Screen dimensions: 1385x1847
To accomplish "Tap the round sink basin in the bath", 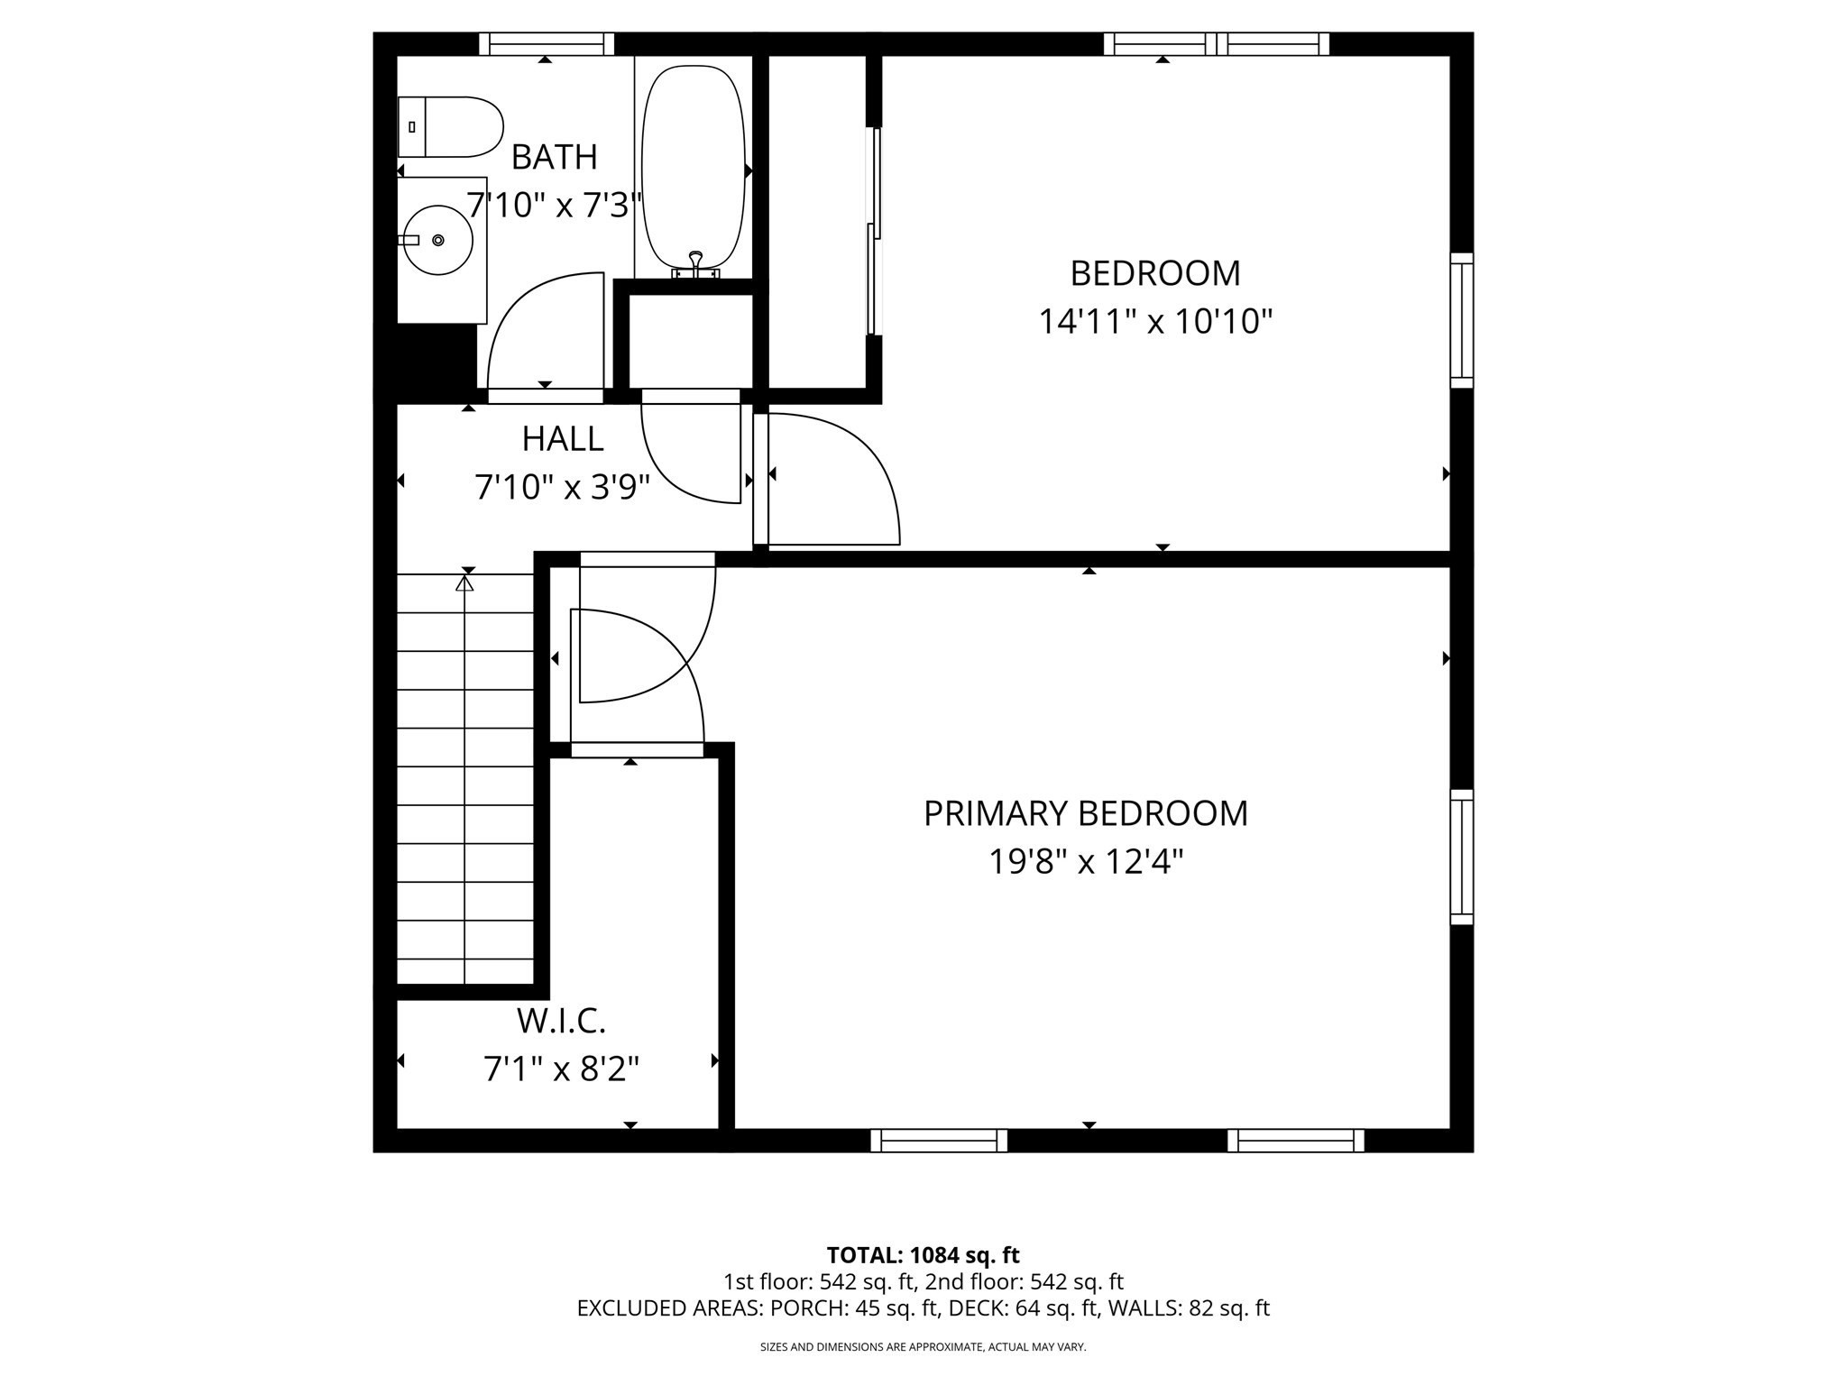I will click(x=437, y=240).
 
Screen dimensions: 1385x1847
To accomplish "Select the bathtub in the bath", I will click(x=693, y=167).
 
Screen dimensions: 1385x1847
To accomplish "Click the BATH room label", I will click(x=554, y=157).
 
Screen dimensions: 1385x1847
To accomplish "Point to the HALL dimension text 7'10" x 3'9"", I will click(x=562, y=488).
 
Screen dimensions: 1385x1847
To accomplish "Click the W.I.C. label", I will click(x=561, y=1021).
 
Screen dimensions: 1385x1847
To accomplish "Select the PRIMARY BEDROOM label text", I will click(x=1085, y=813).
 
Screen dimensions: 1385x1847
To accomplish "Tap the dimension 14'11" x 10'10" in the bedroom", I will click(x=1154, y=321).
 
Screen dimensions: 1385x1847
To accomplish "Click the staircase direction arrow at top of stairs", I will click(x=464, y=584).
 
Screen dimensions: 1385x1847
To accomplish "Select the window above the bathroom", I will click(x=546, y=44).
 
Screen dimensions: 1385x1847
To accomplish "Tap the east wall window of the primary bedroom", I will click(x=1461, y=857).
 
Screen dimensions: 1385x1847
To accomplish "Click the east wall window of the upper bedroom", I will click(x=1461, y=320).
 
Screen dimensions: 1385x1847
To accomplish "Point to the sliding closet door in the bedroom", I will click(x=873, y=230).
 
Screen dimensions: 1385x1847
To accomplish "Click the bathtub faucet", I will click(x=695, y=263).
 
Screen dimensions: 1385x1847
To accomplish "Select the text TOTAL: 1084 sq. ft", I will click(x=923, y=1255).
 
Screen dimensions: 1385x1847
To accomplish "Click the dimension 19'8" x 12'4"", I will click(x=1085, y=862).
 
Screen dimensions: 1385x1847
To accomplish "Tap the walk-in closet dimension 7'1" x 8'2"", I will click(x=561, y=1069).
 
